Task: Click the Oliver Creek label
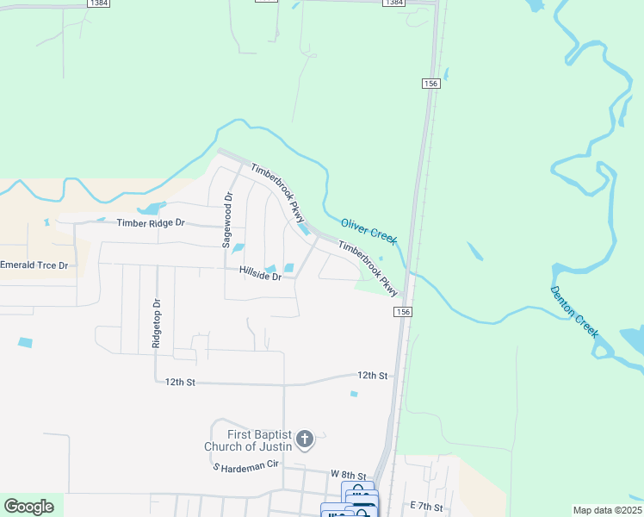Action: (x=368, y=230)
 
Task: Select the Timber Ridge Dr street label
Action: (x=151, y=222)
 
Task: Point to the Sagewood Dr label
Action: (x=228, y=221)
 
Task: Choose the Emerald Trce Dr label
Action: (x=34, y=265)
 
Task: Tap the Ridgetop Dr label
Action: (x=157, y=323)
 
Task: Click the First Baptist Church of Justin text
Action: (x=250, y=440)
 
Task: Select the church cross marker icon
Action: (x=304, y=440)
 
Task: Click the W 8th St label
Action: (x=349, y=475)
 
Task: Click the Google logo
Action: (x=28, y=506)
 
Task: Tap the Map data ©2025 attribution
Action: (x=606, y=510)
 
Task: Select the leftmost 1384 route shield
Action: (x=99, y=3)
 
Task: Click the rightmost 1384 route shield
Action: (x=393, y=3)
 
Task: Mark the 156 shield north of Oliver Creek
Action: (x=431, y=83)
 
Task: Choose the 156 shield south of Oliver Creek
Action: (x=402, y=310)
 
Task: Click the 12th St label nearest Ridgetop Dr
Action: (x=181, y=381)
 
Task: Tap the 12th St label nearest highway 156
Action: (x=373, y=376)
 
